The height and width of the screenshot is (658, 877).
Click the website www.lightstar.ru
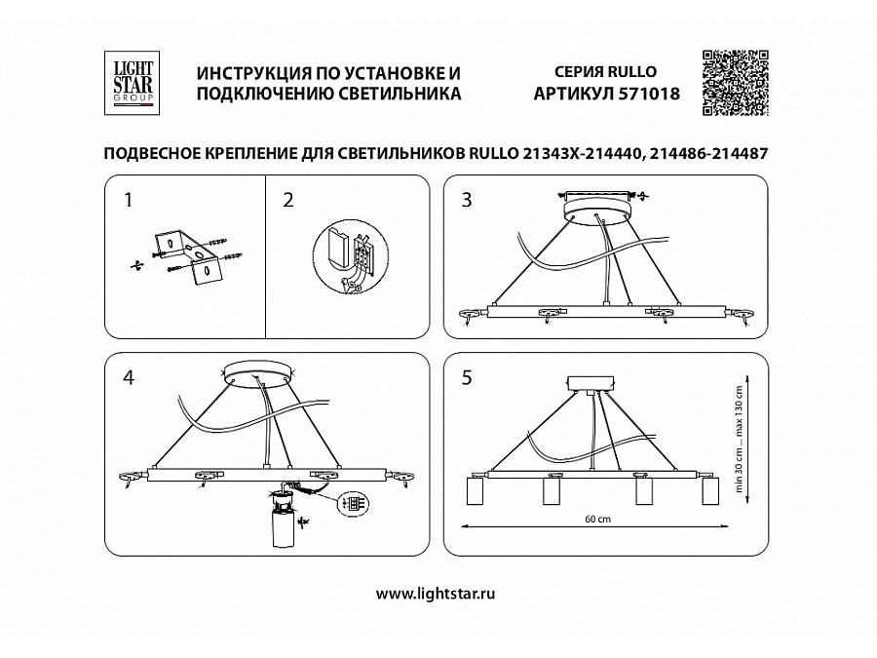tap(437, 594)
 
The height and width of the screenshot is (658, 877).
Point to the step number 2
tap(288, 201)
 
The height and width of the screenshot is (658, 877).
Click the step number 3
tap(467, 201)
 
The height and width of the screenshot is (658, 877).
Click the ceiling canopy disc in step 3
tap(596, 207)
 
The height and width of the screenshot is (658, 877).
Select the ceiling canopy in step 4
tap(259, 374)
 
